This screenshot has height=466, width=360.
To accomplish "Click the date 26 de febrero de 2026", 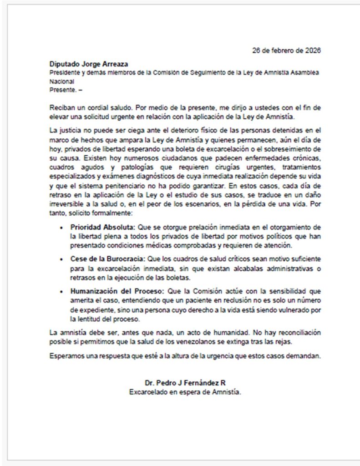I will pos(286,51).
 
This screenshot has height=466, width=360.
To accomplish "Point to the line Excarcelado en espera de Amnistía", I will pos(185,391).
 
